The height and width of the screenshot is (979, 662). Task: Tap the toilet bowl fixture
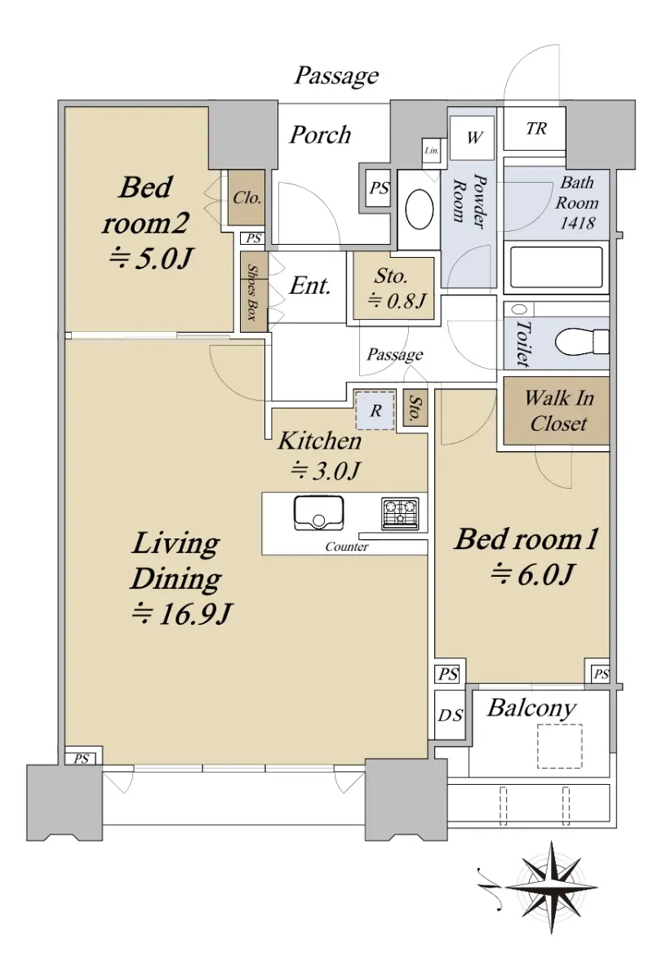pyautogui.click(x=581, y=342)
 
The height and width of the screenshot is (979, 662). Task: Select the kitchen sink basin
pyautogui.click(x=319, y=512)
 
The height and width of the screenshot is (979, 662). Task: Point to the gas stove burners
pyautogui.click(x=400, y=513)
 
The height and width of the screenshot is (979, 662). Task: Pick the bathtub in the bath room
pyautogui.click(x=556, y=267)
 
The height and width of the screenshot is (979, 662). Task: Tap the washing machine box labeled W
pyautogui.click(x=473, y=138)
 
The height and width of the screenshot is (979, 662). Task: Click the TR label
pyautogui.click(x=536, y=129)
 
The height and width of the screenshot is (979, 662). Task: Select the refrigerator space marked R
pyautogui.click(x=375, y=410)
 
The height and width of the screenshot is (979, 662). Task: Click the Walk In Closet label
pyautogui.click(x=558, y=411)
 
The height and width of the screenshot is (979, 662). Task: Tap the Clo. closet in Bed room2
pyautogui.click(x=247, y=197)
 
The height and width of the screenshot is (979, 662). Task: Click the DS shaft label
pyautogui.click(x=451, y=715)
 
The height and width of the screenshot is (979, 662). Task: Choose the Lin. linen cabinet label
pyautogui.click(x=432, y=151)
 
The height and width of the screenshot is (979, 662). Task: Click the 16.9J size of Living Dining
pyautogui.click(x=182, y=614)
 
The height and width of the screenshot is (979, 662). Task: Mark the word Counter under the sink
pyautogui.click(x=347, y=547)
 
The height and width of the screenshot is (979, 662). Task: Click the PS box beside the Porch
pyautogui.click(x=379, y=188)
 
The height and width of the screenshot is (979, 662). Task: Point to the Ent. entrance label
pyautogui.click(x=309, y=286)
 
